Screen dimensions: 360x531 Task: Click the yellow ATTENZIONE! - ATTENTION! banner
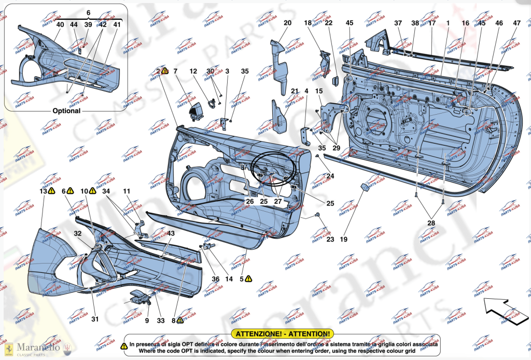click(x=282, y=334)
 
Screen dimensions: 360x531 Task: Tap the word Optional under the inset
click(x=66, y=110)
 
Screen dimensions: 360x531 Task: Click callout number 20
click(x=287, y=23)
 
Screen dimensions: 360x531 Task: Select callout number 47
click(x=516, y=23)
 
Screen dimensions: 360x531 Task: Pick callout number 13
click(x=43, y=191)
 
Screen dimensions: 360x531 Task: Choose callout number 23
click(x=330, y=239)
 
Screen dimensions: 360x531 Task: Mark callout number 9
click(x=147, y=321)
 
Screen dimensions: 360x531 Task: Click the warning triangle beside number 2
click(x=165, y=71)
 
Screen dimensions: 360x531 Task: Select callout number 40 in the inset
click(x=60, y=24)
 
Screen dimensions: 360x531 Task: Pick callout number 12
click(x=193, y=71)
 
